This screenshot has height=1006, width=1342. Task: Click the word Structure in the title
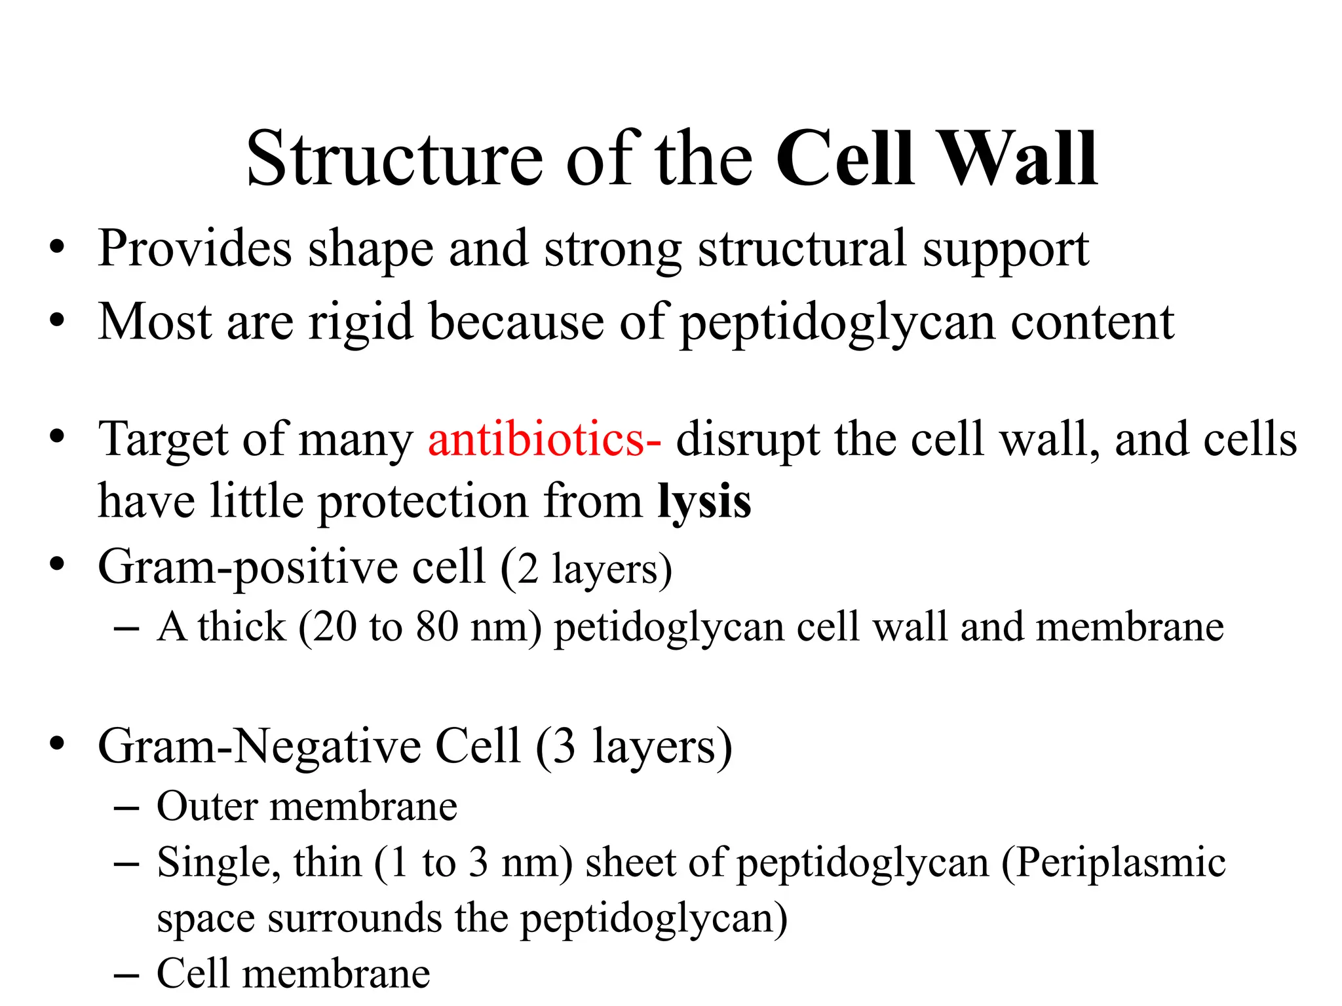[394, 158]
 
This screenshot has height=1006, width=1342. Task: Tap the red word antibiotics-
[544, 439]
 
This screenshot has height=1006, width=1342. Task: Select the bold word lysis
[704, 502]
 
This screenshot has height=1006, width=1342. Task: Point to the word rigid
[360, 322]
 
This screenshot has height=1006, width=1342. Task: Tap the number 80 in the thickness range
[436, 627]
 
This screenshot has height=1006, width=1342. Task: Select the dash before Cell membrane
[126, 975]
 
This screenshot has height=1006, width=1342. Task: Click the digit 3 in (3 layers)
[564, 747]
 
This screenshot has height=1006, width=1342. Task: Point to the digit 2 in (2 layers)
[527, 568]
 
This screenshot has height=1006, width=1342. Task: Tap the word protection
[423, 502]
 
